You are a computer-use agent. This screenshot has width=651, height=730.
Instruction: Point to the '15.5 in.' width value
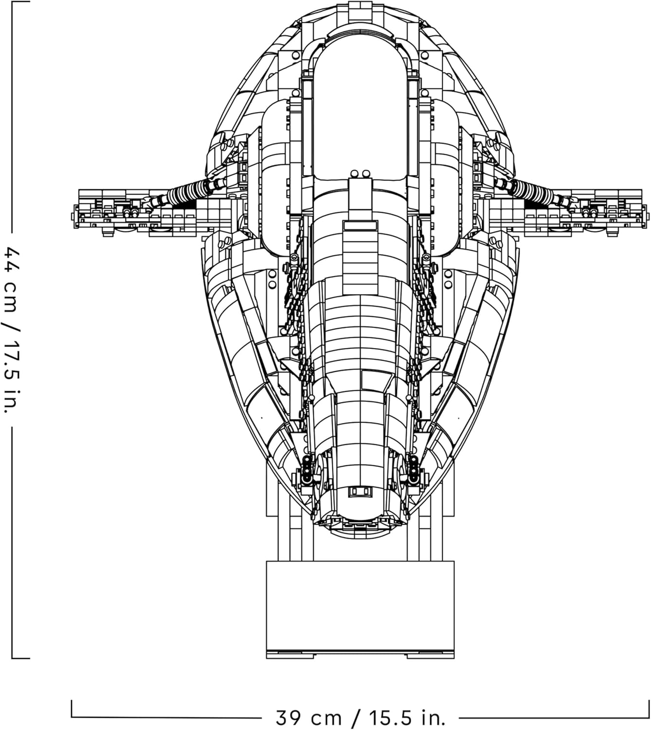click(x=407, y=717)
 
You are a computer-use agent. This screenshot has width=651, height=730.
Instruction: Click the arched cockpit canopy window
click(x=360, y=112)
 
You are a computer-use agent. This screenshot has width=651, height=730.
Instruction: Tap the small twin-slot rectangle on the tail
click(x=361, y=492)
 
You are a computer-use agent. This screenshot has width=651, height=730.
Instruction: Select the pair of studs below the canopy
click(x=359, y=174)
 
